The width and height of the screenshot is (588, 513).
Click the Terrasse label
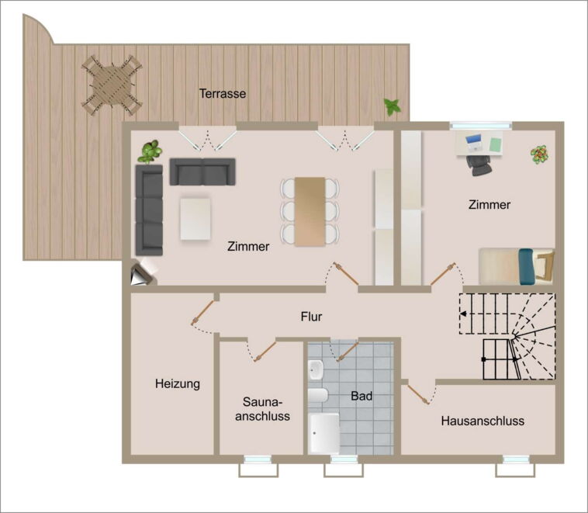223,93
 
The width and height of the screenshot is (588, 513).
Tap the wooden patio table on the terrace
112,85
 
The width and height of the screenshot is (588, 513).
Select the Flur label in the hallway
311,317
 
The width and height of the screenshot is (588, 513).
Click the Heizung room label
178,384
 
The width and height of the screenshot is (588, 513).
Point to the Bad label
361,396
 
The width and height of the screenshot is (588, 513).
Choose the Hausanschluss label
483,421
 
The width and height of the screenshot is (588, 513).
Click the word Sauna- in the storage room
262,402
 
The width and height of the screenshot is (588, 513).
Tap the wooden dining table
310,212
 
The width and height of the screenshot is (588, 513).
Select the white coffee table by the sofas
195,219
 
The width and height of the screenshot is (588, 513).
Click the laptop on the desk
474,143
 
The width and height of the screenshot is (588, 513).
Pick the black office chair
479,165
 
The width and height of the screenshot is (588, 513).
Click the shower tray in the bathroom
323,433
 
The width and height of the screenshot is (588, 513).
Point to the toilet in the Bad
318,395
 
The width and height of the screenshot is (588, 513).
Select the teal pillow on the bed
526,266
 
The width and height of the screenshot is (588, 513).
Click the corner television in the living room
141,273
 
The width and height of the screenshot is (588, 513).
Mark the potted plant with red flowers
540,154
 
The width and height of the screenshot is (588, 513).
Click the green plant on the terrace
393,106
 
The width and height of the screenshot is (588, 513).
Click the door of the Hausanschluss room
417,394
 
